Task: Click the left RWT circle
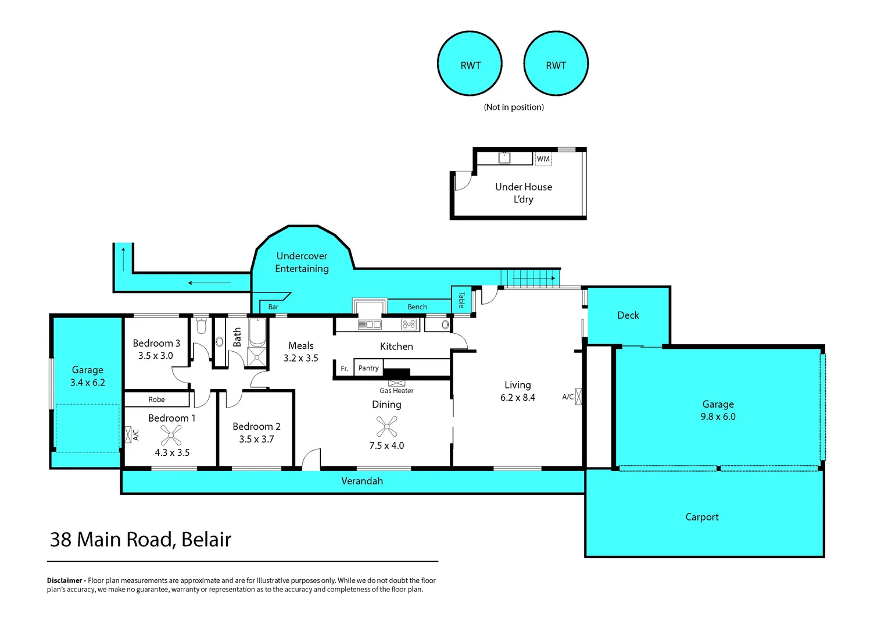pyautogui.click(x=470, y=64)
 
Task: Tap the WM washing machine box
pyautogui.click(x=543, y=159)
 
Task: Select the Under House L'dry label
pyautogui.click(x=524, y=193)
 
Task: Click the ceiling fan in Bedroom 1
pyautogui.click(x=171, y=435)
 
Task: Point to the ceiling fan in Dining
pyautogui.click(x=386, y=427)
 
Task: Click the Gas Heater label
pyautogui.click(x=396, y=391)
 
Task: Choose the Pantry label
pyautogui.click(x=368, y=368)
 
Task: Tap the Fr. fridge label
pyautogui.click(x=344, y=369)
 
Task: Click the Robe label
pyautogui.click(x=156, y=399)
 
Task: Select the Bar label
pyautogui.click(x=273, y=307)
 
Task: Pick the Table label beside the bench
pyautogui.click(x=461, y=300)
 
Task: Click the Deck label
pyautogui.click(x=628, y=315)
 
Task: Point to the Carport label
pyautogui.click(x=702, y=517)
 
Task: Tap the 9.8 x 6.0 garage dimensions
pyautogui.click(x=718, y=417)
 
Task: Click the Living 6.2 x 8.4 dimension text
pyautogui.click(x=517, y=398)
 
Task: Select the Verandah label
pyautogui.click(x=361, y=481)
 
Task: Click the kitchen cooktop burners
pyautogui.click(x=409, y=324)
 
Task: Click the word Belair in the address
pyautogui.click(x=206, y=540)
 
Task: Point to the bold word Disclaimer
pyautogui.click(x=65, y=580)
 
